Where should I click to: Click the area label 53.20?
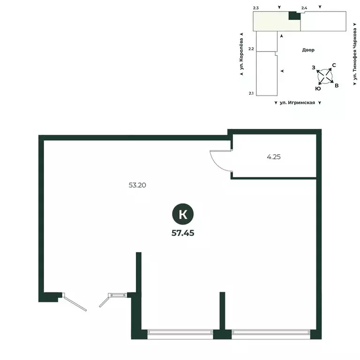[137, 185]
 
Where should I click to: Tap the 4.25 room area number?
[274, 157]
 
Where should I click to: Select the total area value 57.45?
[183, 233]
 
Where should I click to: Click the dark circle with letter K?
[183, 214]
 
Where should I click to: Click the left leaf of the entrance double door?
[75, 303]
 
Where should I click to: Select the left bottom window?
[180, 332]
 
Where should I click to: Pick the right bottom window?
[271, 332]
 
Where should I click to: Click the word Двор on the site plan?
[308, 50]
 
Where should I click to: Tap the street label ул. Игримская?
[297, 103]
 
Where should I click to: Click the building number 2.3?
[256, 8]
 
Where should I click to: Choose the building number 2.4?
[304, 8]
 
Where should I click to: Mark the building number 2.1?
[251, 93]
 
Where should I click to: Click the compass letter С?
[334, 65]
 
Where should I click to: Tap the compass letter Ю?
[318, 89]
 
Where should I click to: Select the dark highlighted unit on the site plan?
[294, 15]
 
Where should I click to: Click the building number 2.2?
[251, 49]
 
